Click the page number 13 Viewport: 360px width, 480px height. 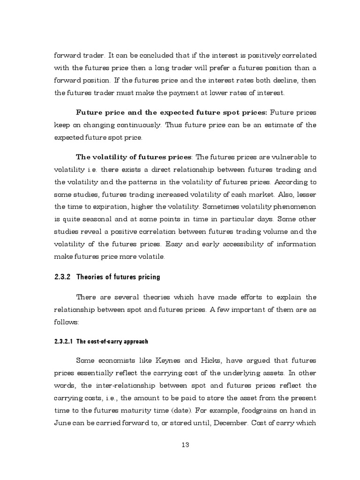[x=185, y=445]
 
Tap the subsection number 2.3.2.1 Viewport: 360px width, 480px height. [x=64, y=341]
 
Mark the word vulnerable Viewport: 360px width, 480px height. [x=286, y=157]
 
